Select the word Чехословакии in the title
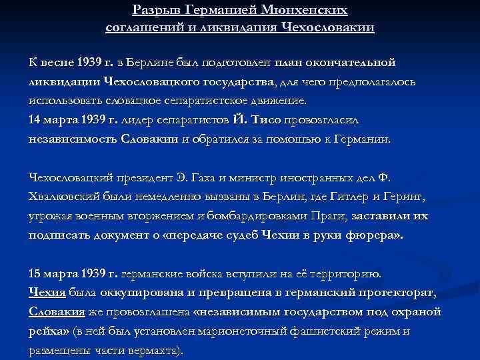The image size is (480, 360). [330, 27]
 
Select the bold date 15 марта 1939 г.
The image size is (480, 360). [73, 273]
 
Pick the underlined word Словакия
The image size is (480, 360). [57, 312]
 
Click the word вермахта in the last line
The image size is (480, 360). [149, 351]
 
